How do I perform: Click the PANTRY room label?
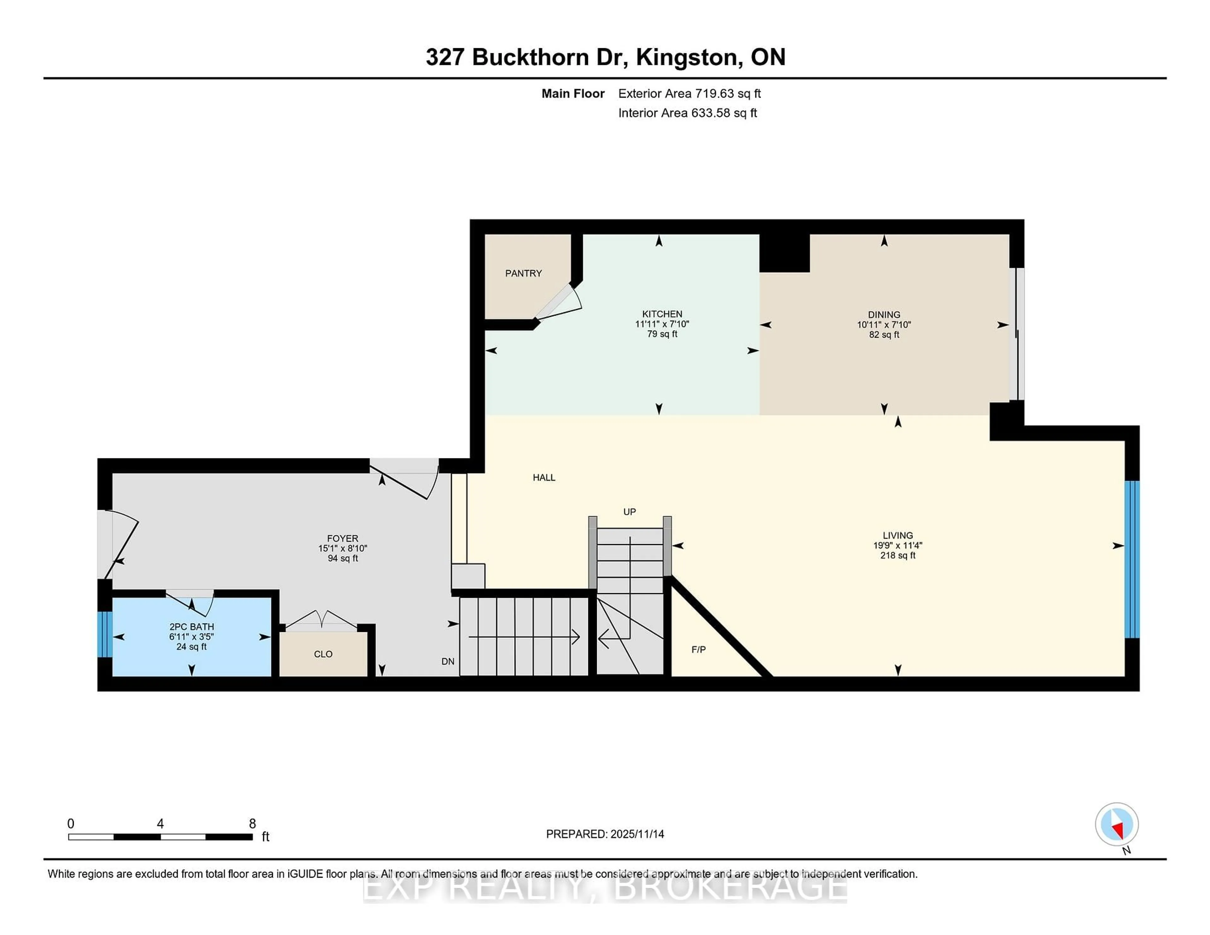point(523,273)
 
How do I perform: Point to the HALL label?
point(544,478)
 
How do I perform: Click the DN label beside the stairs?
point(448,661)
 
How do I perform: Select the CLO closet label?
point(323,654)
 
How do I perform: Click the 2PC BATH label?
point(191,627)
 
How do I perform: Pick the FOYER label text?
point(343,538)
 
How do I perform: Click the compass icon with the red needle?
point(1116,824)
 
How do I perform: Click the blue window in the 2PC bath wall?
point(105,634)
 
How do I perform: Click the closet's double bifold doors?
point(321,619)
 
